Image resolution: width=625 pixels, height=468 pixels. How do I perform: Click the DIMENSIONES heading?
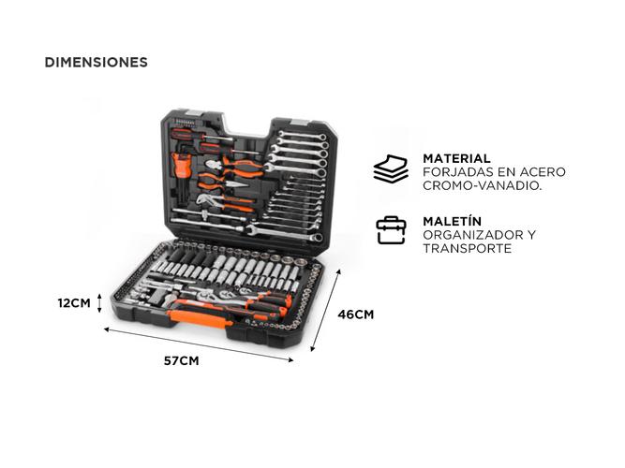click(x=97, y=62)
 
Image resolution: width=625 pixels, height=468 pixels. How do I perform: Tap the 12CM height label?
click(x=74, y=303)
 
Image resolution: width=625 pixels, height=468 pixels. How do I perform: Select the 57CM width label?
click(x=182, y=361)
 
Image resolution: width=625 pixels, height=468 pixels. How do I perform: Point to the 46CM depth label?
click(x=355, y=314)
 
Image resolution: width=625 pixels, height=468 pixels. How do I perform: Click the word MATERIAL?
click(x=456, y=158)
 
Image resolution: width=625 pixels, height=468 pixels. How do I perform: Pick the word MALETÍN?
click(x=453, y=221)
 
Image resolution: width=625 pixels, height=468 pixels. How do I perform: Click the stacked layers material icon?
click(x=391, y=168)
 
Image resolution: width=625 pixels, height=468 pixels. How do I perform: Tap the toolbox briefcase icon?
click(x=391, y=230)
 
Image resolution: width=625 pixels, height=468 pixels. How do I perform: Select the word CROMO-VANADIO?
click(x=483, y=185)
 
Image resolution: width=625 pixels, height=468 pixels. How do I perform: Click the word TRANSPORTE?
click(x=468, y=249)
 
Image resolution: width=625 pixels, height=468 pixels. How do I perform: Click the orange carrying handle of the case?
click(x=200, y=318)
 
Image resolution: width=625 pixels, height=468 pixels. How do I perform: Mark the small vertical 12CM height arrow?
click(x=99, y=303)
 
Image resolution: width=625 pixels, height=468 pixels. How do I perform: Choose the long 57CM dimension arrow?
click(x=199, y=345)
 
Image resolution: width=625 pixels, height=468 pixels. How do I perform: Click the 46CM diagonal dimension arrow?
click(x=325, y=310)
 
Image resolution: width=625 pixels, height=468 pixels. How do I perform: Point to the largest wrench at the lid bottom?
click(x=284, y=233)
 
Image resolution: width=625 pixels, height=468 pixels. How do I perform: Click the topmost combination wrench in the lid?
click(x=302, y=136)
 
